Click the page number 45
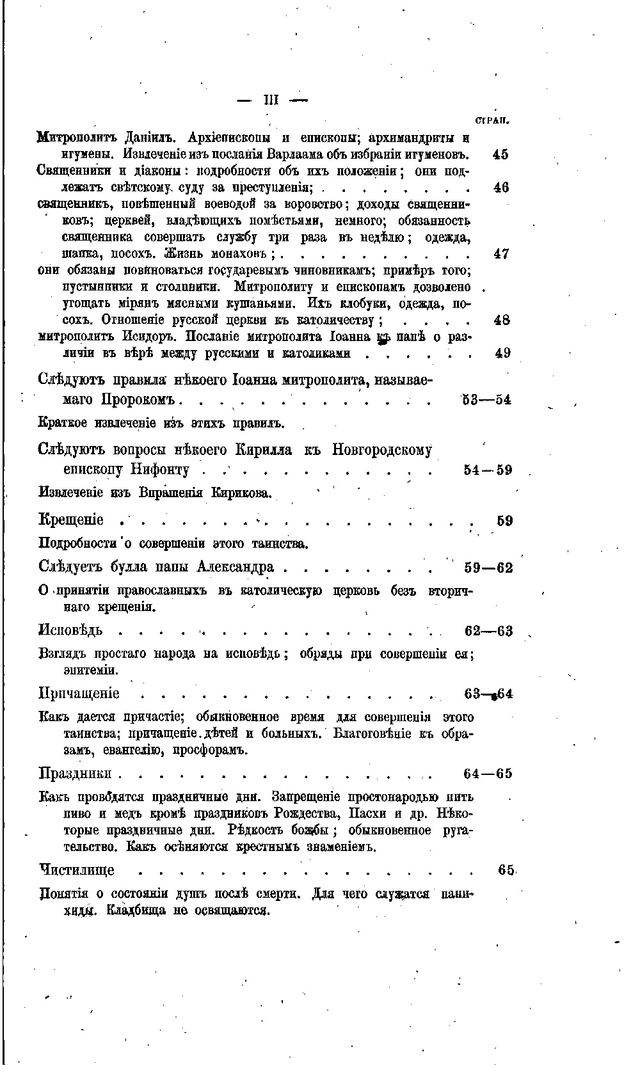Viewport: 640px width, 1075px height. tap(501, 154)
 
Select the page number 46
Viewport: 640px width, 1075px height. tap(501, 187)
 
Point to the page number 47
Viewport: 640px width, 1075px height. tap(502, 253)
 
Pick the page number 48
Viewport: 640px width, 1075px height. tap(502, 319)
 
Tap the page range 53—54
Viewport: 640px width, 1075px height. tap(487, 400)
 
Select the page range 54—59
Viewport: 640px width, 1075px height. tap(488, 470)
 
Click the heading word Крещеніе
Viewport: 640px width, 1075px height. tap(71, 520)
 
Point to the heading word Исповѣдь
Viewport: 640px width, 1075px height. tap(71, 632)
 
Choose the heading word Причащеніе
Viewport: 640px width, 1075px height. tap(79, 694)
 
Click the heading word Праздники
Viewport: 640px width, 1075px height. tap(76, 773)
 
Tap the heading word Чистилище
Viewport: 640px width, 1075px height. tap(77, 870)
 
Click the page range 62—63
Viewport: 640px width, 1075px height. tap(488, 632)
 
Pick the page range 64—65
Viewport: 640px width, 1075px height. tap(488, 774)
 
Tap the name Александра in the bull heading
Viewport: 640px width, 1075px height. tap(236, 568)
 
